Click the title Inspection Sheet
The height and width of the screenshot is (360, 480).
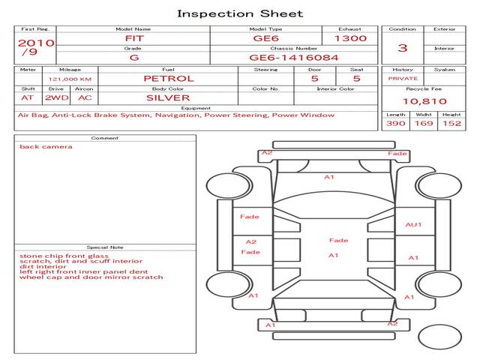coord(240,13)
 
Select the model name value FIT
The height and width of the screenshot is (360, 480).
coord(134,38)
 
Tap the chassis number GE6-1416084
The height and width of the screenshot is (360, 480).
coord(294,58)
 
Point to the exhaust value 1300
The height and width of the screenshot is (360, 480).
coord(350,38)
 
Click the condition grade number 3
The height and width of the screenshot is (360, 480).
coord(403,48)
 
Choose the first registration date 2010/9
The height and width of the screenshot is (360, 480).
coord(36,46)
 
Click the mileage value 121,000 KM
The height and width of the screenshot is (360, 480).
coord(70,79)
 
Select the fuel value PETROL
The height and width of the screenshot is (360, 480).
coord(169,79)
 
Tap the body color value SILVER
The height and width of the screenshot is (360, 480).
coord(168,98)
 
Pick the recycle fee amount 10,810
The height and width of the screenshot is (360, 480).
coord(424,101)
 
